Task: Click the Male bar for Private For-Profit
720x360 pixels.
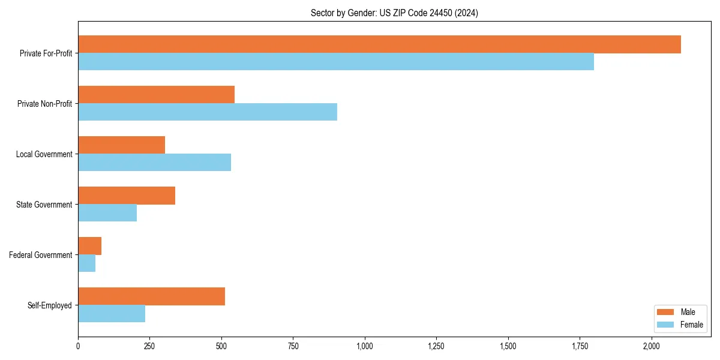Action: point(379,44)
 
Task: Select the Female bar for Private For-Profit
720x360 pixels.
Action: point(336,62)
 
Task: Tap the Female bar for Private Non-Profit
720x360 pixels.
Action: point(208,112)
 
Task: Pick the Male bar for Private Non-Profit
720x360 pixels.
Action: point(156,95)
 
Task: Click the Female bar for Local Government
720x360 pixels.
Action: point(154,163)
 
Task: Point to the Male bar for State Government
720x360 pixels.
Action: point(127,196)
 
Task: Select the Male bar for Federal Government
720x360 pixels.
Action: point(89,246)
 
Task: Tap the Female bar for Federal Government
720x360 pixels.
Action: point(86,263)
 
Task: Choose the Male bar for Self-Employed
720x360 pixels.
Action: point(151,296)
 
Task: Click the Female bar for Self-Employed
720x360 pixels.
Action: point(112,314)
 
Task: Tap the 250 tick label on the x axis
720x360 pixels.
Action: point(149,346)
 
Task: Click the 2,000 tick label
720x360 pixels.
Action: point(652,346)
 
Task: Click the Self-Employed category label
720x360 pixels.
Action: point(49,305)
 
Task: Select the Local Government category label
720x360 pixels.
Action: point(44,154)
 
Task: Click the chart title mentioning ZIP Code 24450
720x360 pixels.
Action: point(394,13)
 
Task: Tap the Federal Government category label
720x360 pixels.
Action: point(40,255)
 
